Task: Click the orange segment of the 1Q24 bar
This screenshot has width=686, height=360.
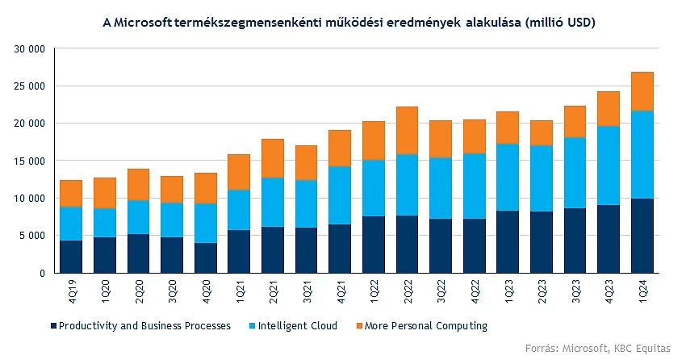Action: pos(642,91)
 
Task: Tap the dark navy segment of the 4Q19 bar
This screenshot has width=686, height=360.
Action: pos(71,257)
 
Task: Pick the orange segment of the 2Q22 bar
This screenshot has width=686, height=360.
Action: pos(407,130)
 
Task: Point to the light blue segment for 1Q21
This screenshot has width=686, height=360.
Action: pos(239,210)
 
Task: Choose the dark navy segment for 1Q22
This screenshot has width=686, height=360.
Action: pos(373,245)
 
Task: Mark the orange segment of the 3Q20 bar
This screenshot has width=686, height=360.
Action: pos(172,189)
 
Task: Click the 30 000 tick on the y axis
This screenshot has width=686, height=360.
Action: pos(30,49)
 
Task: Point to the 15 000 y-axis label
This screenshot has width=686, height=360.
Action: pos(30,161)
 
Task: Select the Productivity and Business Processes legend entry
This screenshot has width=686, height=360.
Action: pos(146,326)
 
